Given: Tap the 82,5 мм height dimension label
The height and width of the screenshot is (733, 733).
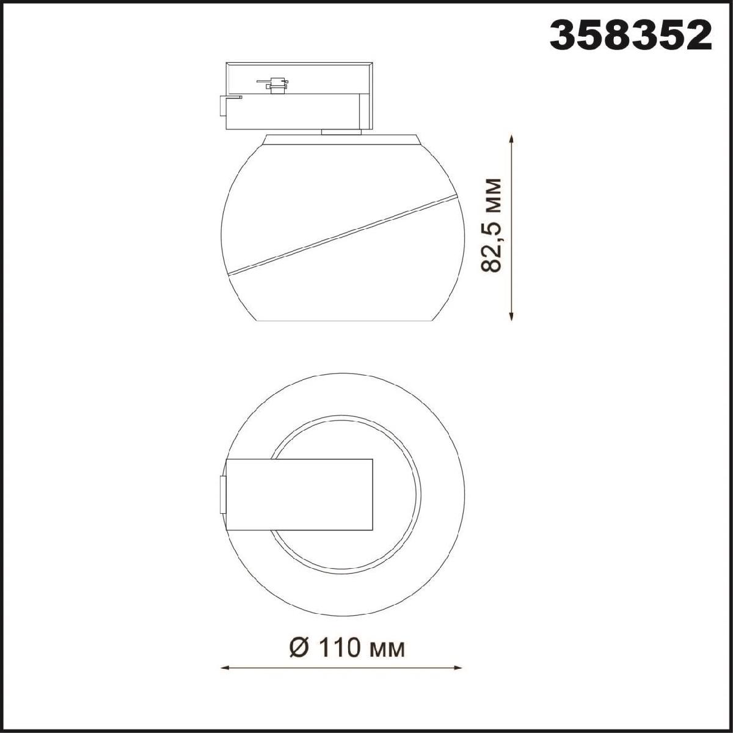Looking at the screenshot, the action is point(490,225).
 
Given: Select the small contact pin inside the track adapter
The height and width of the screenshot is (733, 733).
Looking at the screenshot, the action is point(274,85).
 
